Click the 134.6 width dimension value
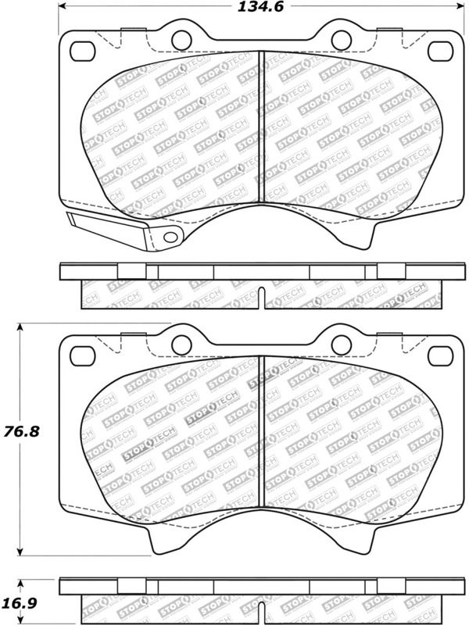pos(260,7)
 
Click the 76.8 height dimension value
pos(22,431)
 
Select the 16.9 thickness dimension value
pos(20,603)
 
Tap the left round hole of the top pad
pos(181,40)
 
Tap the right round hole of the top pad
pos(342,40)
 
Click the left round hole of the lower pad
pos(181,344)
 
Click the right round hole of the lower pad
pos(342,344)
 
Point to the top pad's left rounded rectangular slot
pos(83,51)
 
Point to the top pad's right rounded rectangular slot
pos(440,51)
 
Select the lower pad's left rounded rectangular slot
pos(83,356)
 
